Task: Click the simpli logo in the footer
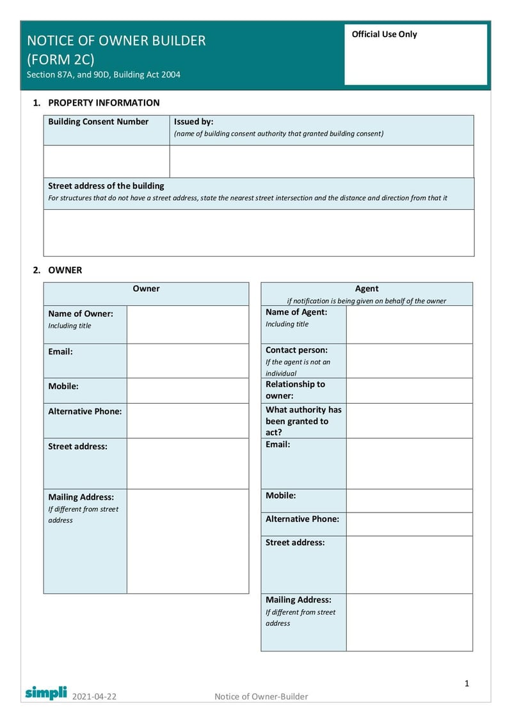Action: click(45, 692)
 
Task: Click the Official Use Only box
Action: click(416, 54)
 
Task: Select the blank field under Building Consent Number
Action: click(106, 161)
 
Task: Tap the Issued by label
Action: click(194, 122)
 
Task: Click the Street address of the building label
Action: click(106, 186)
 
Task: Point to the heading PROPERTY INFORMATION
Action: click(104, 102)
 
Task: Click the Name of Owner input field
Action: click(188, 324)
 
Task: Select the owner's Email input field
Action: click(188, 361)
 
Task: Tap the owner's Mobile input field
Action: click(188, 390)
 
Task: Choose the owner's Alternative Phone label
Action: click(84, 411)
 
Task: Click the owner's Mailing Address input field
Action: click(188, 541)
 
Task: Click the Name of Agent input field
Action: click(409, 324)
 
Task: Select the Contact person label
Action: click(296, 351)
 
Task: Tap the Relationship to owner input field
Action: click(409, 390)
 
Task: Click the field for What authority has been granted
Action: click(409, 420)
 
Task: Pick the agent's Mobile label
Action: click(281, 495)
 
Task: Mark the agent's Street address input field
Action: click(409, 564)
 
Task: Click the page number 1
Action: click(467, 683)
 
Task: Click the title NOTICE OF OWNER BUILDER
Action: click(116, 41)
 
